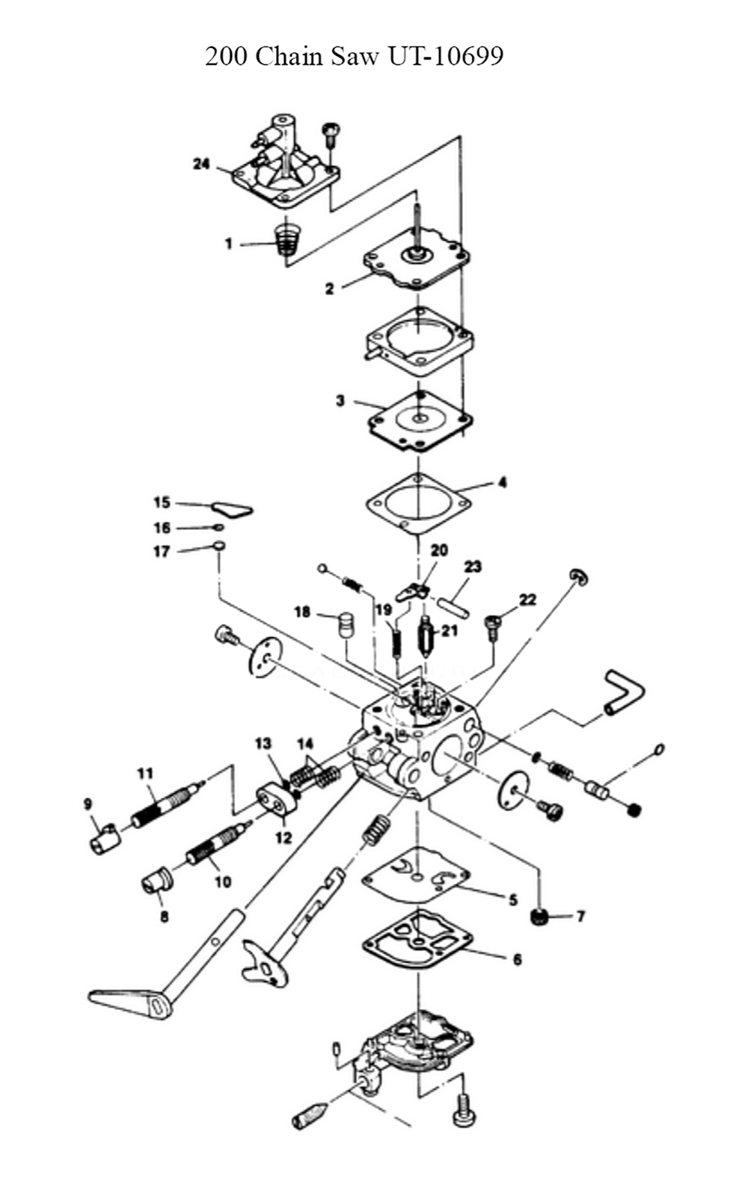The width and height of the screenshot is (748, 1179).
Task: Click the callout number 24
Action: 201,164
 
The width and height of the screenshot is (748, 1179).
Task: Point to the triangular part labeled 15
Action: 233,508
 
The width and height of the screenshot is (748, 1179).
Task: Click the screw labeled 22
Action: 493,627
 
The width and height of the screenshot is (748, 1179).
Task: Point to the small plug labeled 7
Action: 538,917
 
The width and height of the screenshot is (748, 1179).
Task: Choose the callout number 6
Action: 518,959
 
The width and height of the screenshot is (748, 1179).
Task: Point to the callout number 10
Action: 223,881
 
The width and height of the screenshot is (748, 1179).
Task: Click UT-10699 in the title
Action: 446,56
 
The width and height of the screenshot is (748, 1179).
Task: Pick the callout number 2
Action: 330,289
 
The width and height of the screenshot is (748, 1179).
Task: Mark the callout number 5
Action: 513,899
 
